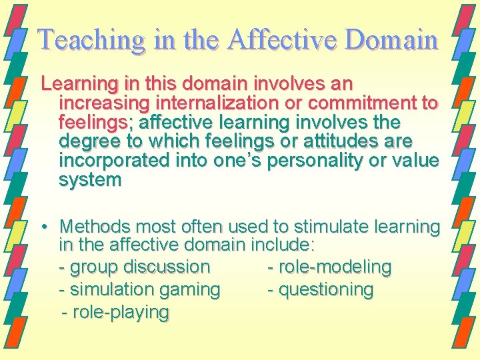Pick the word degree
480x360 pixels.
tap(88, 142)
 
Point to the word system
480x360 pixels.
tap(90, 181)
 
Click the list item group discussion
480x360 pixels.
tap(134, 267)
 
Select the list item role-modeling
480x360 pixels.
tap(329, 267)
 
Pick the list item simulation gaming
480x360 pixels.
tap(139, 290)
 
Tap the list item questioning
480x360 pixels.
tap(320, 290)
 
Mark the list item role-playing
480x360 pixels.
tap(115, 312)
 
